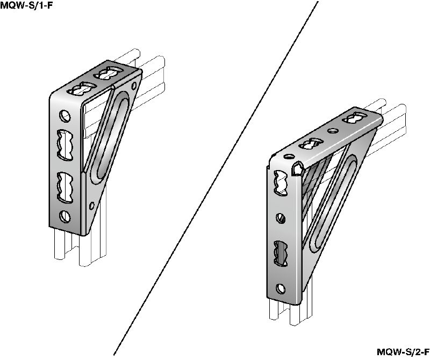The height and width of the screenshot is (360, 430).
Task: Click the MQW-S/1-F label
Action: click(26, 5)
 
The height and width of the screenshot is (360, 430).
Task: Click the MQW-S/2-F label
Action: click(403, 352)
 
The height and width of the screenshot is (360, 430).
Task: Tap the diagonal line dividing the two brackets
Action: click(216, 178)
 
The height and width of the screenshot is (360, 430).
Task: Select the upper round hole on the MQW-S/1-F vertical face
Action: click(64, 116)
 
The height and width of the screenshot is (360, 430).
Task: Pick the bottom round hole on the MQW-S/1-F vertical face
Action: click(65, 217)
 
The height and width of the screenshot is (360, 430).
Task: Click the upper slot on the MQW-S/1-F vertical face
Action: click(65, 145)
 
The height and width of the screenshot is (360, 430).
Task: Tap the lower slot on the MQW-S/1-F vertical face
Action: click(65, 188)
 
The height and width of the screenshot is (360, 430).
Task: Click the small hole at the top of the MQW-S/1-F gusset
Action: click(134, 86)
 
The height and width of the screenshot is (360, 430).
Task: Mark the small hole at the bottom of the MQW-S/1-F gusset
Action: click(92, 206)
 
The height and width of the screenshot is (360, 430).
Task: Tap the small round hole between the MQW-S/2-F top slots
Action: click(332, 130)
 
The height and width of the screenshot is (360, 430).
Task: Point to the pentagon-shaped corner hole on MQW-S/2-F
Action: click(297, 168)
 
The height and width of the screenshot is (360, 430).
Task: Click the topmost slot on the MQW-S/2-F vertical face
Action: click(281, 183)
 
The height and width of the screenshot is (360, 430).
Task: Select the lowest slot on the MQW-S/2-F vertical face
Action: click(281, 253)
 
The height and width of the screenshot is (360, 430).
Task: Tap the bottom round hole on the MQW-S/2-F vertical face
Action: click(281, 288)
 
